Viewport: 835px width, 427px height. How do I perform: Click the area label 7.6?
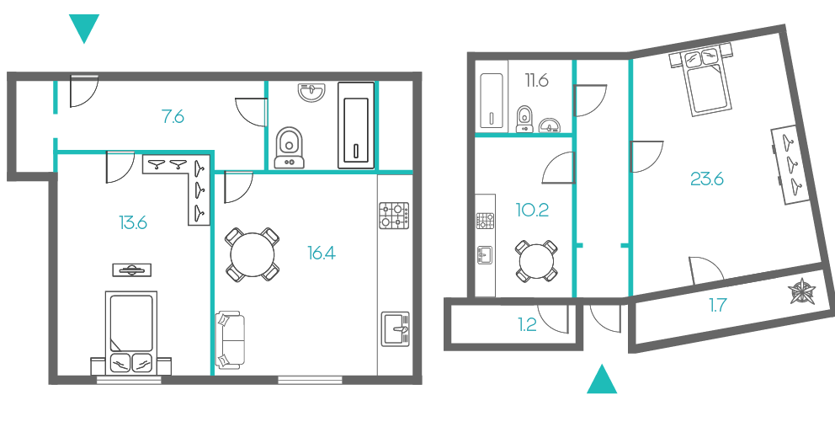(x=173, y=116)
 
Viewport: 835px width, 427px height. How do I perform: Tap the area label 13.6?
(x=133, y=222)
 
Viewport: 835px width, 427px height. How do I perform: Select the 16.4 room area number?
(x=322, y=254)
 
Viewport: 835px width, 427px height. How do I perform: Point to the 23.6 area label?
(x=707, y=179)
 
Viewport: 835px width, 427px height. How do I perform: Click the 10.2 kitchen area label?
(x=532, y=210)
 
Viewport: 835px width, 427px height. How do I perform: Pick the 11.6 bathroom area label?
(x=537, y=81)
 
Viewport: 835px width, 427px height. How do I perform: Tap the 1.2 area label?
(x=527, y=324)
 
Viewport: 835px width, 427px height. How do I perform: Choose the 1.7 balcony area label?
(x=717, y=306)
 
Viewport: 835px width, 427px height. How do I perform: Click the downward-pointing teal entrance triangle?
(x=84, y=28)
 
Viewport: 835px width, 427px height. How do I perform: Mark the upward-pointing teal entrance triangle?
(x=602, y=380)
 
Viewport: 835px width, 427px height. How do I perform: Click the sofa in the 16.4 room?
(x=230, y=340)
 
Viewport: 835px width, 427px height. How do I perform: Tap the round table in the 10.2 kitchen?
(x=536, y=261)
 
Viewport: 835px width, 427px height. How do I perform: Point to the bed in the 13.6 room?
(x=131, y=333)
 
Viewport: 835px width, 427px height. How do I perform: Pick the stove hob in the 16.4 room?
(x=394, y=216)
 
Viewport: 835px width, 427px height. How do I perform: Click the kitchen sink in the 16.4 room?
(x=395, y=329)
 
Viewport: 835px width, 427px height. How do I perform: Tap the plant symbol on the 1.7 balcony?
(x=801, y=291)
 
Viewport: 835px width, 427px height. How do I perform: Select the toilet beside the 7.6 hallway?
(x=290, y=147)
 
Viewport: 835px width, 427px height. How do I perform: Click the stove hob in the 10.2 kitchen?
(x=485, y=221)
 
